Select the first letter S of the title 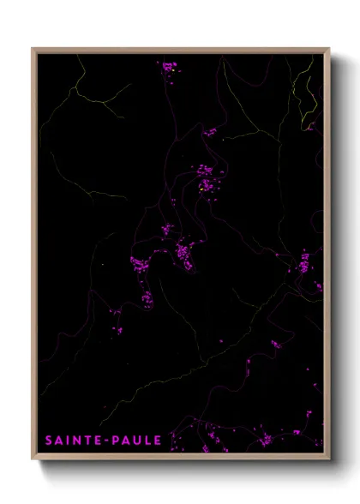pyautogui.click(x=49, y=440)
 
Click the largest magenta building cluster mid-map pyautogui.click(x=183, y=254)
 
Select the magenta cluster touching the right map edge pyautogui.click(x=305, y=266)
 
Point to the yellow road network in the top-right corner pyautogui.click(x=304, y=86)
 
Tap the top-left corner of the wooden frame pyautogui.click(x=33, y=50)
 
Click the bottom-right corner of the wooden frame pyautogui.click(x=328, y=457)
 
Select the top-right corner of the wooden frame pyautogui.click(x=328, y=50)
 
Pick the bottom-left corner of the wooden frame pyautogui.click(x=33, y=457)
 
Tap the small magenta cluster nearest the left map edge pyautogui.click(x=117, y=321)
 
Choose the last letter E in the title pyautogui.click(x=157, y=440)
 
